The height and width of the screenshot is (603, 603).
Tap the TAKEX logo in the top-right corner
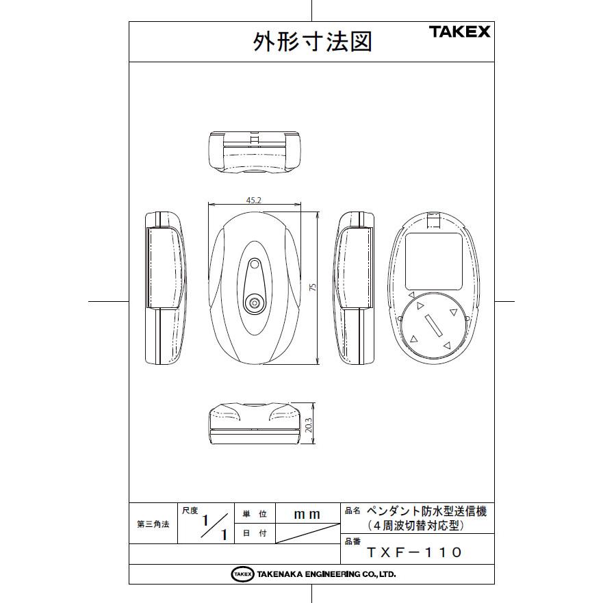click(459, 31)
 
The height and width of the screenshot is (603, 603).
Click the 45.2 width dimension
click(254, 199)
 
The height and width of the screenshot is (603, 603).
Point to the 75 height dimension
click(312, 288)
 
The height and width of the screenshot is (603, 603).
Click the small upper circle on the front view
click(255, 264)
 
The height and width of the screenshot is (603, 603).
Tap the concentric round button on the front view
click(255, 303)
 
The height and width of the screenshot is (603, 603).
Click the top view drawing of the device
click(254, 151)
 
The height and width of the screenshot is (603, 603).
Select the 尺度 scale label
click(189, 510)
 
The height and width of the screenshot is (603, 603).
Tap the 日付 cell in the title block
click(254, 533)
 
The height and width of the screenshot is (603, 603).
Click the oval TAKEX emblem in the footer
click(242, 574)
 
